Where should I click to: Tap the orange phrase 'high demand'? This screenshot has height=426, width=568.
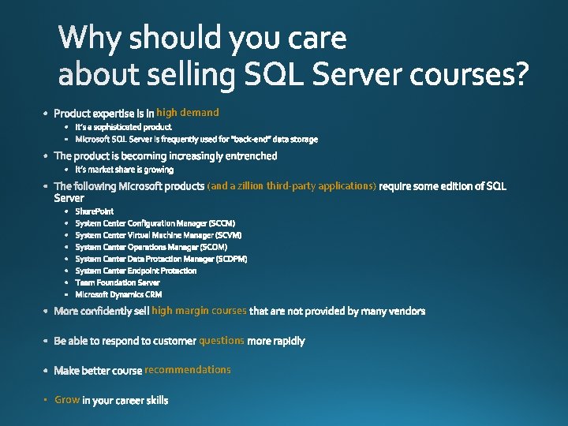pos(188,113)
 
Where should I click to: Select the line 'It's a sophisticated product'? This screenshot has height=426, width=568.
pos(123,127)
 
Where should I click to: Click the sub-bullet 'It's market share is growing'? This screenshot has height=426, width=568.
pos(125,170)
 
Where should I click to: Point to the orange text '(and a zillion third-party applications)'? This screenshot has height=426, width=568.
pos(292,186)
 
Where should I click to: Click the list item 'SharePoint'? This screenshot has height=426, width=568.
pos(95,211)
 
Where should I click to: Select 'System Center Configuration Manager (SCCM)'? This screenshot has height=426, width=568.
pos(155,223)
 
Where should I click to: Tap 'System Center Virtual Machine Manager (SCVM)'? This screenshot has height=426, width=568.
pos(159,235)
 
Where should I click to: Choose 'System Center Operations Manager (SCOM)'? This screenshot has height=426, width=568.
pos(151,247)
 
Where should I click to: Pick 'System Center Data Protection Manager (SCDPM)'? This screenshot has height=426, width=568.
pos(161,259)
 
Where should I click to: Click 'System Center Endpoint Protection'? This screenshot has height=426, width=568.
pos(136,271)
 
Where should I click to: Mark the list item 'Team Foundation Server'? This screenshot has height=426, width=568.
pos(118,282)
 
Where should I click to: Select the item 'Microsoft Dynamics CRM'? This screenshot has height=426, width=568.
pos(118,294)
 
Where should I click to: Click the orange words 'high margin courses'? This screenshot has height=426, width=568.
pos(199,311)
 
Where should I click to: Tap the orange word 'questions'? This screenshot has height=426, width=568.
pos(222,341)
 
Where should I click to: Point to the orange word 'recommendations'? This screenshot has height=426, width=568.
pos(188,370)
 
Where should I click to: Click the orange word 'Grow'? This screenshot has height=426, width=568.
pos(67,400)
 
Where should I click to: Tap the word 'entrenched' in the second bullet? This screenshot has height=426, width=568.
pos(249,156)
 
